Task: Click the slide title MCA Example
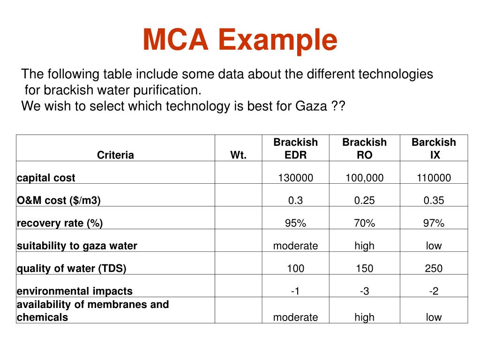(x=240, y=40)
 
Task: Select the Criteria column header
(x=115, y=155)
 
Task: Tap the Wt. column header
(x=238, y=155)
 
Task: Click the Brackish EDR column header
(x=295, y=148)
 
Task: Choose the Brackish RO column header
(x=364, y=148)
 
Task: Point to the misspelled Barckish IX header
(x=434, y=148)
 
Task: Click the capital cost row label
(x=46, y=178)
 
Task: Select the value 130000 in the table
(x=295, y=178)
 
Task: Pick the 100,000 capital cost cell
(x=364, y=178)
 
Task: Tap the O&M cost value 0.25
(x=364, y=200)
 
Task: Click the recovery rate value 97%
(x=434, y=223)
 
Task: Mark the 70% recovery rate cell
(x=364, y=223)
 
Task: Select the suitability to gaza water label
(x=77, y=246)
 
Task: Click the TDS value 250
(x=434, y=269)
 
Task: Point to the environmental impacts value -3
(x=364, y=291)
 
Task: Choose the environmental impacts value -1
(x=295, y=291)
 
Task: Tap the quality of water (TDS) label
(x=71, y=269)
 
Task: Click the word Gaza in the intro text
(x=311, y=106)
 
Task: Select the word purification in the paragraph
(x=164, y=90)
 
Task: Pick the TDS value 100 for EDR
(x=295, y=269)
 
